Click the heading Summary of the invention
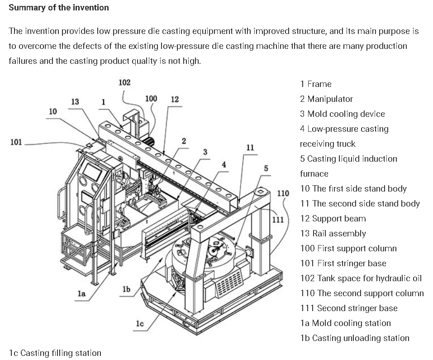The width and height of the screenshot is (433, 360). click(x=59, y=8)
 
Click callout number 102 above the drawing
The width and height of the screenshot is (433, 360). click(x=124, y=82)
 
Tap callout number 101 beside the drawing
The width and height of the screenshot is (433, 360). click(x=16, y=142)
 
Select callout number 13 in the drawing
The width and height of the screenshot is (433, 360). click(x=75, y=101)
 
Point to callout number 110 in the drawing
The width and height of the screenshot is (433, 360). click(x=283, y=193)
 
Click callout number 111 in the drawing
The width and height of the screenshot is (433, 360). click(x=278, y=220)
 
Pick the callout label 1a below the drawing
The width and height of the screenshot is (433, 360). click(x=81, y=293)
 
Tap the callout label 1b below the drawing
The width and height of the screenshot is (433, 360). click(x=126, y=289)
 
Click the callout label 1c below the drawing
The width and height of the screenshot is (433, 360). click(x=139, y=323)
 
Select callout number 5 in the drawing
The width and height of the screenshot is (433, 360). click(x=266, y=168)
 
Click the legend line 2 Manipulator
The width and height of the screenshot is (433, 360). click(x=326, y=99)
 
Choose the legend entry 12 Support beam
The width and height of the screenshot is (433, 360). click(x=333, y=218)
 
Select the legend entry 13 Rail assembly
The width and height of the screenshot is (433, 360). click(x=333, y=233)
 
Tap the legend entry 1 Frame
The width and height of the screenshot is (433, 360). click(x=315, y=84)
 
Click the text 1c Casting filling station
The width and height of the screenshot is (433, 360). click(x=55, y=353)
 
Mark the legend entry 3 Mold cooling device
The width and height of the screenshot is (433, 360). click(x=342, y=114)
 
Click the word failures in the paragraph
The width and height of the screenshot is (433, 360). click(x=23, y=61)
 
